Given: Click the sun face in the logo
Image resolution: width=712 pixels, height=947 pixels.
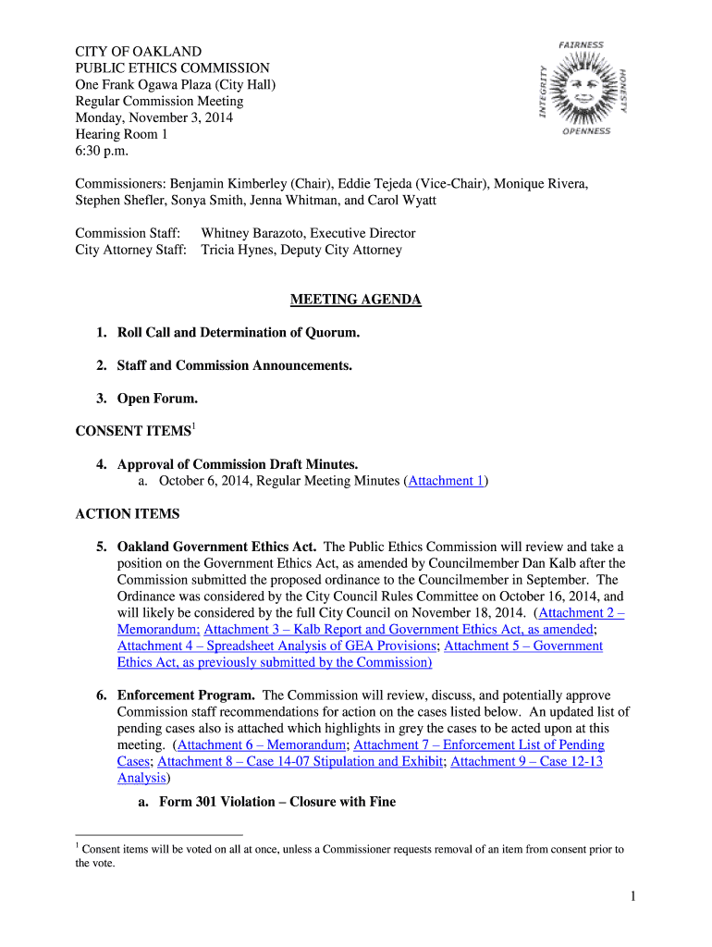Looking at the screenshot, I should pos(583,89).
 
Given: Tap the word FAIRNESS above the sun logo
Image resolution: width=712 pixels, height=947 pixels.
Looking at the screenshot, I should pos(582,44).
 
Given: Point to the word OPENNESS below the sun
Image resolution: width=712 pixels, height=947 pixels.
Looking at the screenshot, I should pos(586,131).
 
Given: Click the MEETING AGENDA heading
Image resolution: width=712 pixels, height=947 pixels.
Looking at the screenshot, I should pos(356,300).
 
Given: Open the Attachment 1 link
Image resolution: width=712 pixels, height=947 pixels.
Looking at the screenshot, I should pos(446,481).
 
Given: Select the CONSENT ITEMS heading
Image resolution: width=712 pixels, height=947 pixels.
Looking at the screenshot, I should pos(132,431).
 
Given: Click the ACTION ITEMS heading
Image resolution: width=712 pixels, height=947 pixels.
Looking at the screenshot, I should pos(128,514).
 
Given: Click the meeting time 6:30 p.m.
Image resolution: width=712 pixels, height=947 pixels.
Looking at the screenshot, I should pos(103,151).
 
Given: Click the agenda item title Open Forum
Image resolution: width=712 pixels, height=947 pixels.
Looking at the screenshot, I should pos(157,399).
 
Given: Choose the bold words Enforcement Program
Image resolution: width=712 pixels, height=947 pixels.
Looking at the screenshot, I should pos(185,695).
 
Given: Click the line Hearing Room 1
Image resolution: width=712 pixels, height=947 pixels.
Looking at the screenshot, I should pos(121,134).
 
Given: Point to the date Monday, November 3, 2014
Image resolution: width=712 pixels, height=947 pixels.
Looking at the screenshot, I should pos(153,117).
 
